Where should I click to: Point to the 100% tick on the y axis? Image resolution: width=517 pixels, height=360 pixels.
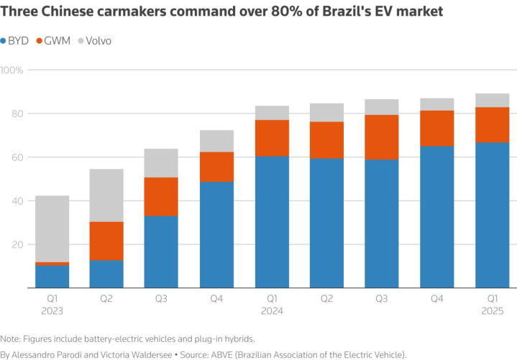point(12,70)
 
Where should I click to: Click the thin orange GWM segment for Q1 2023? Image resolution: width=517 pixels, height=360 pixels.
point(52,264)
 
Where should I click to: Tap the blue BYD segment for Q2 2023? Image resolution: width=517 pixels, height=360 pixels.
point(106,274)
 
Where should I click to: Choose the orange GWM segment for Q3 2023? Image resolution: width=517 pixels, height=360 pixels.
point(161,196)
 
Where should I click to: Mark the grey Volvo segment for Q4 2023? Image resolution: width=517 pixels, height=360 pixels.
point(216,141)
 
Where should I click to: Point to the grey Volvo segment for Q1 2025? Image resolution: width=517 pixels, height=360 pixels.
point(492,101)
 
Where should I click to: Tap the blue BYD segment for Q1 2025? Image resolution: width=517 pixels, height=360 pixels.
point(492,215)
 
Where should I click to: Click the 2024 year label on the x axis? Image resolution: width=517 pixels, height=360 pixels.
point(270,311)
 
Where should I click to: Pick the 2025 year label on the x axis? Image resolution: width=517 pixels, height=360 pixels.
point(492,311)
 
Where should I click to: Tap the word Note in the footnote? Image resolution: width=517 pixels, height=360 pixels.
point(10,338)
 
